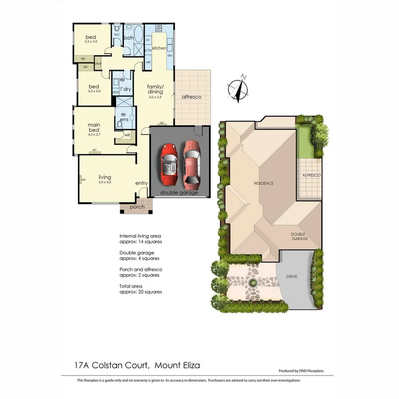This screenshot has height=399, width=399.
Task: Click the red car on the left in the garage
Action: tap(169, 164)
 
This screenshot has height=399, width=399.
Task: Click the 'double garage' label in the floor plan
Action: tap(178, 192)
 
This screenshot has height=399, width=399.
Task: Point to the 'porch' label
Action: tap(137, 207)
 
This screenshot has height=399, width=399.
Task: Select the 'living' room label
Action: tap(105, 177)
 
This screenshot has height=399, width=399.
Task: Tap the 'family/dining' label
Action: tap(156, 89)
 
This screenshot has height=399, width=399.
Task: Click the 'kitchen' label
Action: tap(159, 48)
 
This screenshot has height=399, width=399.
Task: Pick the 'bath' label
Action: tap(129, 38)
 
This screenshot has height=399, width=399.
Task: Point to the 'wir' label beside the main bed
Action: tap(127, 135)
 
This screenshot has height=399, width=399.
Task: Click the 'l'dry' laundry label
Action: tap(126, 89)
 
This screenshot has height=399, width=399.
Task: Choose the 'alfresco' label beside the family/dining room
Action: tap(192, 97)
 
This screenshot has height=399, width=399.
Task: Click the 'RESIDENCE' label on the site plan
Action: tap(263, 183)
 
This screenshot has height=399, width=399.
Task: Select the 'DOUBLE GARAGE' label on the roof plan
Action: tap(300, 236)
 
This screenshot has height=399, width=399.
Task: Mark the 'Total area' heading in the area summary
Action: tap(130, 286)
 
